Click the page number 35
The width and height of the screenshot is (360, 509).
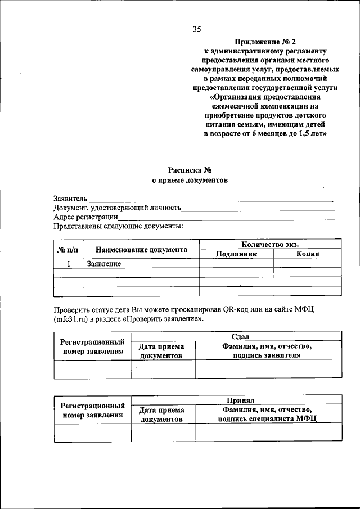[x=196, y=29]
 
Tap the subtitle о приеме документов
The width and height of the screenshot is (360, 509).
[x=189, y=181]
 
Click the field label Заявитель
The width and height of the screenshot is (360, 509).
[x=70, y=199]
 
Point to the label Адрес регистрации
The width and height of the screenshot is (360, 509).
[x=85, y=217]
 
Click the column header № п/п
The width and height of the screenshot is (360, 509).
[x=68, y=249]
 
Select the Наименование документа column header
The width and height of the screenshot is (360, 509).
[x=141, y=249]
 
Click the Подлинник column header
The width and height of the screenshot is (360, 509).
[x=236, y=254]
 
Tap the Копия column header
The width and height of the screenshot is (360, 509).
[x=307, y=254]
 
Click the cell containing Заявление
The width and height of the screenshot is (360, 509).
[x=104, y=263]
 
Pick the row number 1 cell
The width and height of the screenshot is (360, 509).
[x=69, y=263]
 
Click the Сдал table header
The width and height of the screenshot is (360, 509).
[x=236, y=336]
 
